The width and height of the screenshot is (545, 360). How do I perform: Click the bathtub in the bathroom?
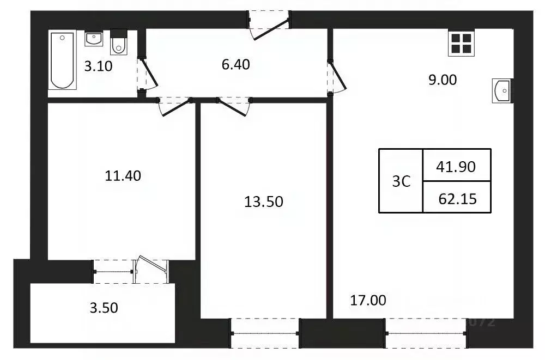pos(62,60)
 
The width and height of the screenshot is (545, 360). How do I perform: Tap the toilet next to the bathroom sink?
pos(118,44)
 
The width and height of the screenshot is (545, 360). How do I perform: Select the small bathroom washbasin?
pos(93,39)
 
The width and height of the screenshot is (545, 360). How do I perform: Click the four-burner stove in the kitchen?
pos(461,42)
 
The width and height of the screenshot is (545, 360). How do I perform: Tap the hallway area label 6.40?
pos(236,64)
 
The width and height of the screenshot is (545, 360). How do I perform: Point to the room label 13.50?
pos(264,202)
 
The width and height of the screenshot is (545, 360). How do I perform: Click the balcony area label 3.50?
pos(103,308)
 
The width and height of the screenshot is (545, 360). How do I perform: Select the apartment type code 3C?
pos(401,181)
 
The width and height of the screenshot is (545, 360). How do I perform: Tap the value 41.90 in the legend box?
pos(456,167)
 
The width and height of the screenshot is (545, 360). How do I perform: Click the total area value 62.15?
pos(457,199)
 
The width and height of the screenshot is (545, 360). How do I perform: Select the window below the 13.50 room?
pos(265,332)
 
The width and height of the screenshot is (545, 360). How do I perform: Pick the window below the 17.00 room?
pos(426,332)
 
